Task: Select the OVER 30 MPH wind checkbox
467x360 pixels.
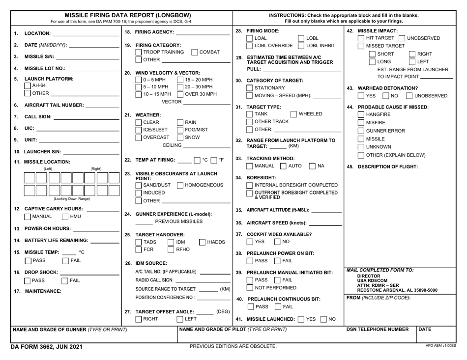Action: pos(180,94)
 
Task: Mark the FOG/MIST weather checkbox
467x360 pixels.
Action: pos(180,130)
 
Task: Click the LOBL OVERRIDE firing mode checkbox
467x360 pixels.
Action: pos(249,46)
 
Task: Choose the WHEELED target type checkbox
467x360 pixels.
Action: pos(293,114)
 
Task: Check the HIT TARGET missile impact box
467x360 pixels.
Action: pos(361,38)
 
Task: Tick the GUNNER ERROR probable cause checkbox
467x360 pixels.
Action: pos(361,131)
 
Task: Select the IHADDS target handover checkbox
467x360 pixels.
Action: pos(203,242)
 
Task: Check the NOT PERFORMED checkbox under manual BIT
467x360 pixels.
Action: pos(249,287)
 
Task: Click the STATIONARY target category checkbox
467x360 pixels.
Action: pos(249,88)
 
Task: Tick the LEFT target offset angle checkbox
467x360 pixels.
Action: pos(180,319)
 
